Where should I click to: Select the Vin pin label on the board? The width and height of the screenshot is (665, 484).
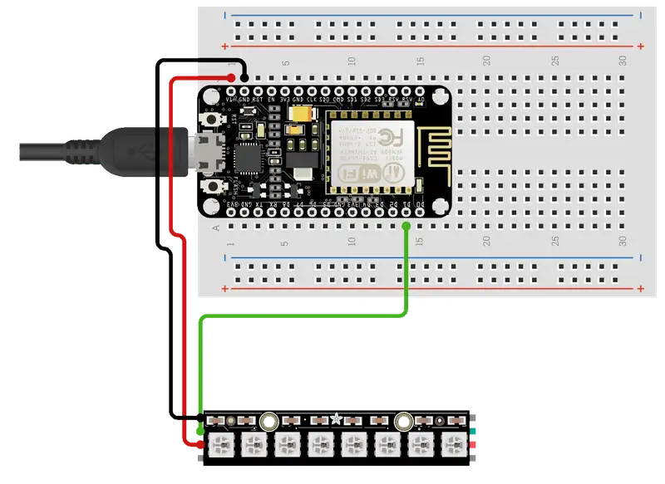click(231, 99)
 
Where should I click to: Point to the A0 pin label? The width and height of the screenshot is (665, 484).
click(421, 99)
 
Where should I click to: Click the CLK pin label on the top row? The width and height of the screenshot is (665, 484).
click(312, 99)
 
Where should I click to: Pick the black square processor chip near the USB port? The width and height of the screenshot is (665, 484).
click(248, 155)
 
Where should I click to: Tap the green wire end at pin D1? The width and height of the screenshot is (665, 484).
click(406, 226)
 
